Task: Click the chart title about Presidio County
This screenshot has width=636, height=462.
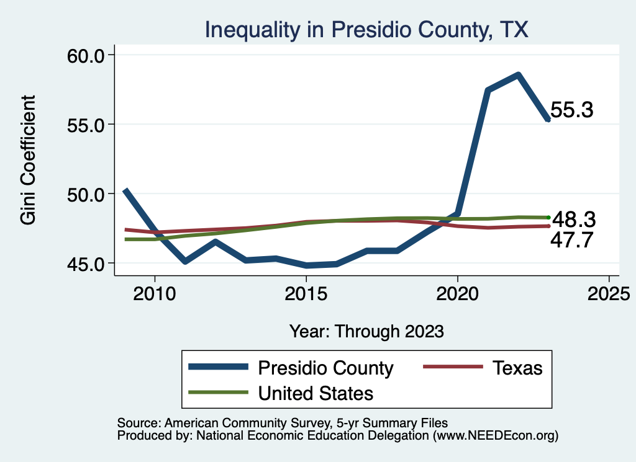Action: coord(366,29)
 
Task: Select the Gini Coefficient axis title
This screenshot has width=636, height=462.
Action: coord(28,160)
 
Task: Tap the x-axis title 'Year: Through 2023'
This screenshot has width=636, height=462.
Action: coord(366,331)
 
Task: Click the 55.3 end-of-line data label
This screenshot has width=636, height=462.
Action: coord(572,110)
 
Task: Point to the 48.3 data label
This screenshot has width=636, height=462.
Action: coord(574,218)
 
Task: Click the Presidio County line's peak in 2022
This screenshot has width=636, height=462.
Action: coord(517,75)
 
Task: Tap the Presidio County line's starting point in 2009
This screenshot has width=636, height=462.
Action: coord(125,190)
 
